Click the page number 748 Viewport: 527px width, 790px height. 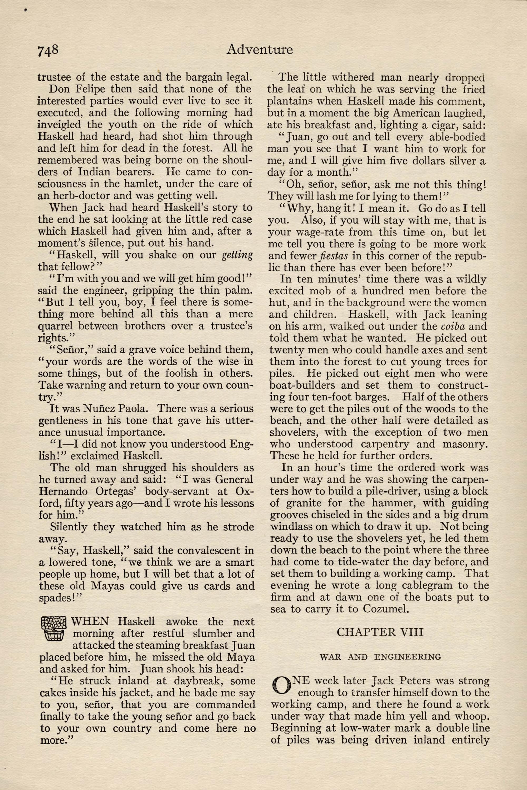[x=48, y=50]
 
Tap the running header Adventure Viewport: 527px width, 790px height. [x=260, y=50]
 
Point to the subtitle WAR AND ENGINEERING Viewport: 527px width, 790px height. [x=380, y=657]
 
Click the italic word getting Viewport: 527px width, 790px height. [x=237, y=255]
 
